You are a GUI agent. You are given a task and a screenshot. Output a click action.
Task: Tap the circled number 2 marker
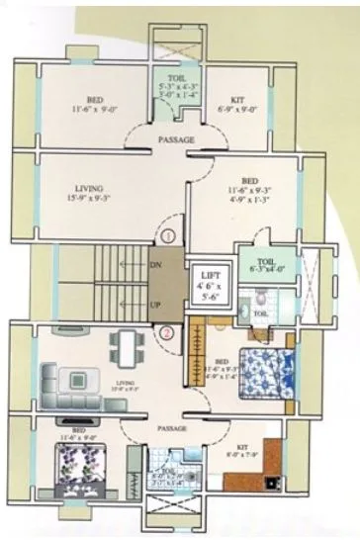pyautogui.click(x=167, y=332)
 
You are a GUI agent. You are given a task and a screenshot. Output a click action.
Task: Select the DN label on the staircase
pyautogui.click(x=154, y=266)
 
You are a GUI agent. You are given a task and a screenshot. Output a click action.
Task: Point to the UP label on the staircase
pyautogui.click(x=155, y=305)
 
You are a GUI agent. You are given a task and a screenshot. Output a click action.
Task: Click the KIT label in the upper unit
pyautogui.click(x=237, y=101)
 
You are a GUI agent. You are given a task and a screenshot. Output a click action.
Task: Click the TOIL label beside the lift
pyautogui.click(x=259, y=313)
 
